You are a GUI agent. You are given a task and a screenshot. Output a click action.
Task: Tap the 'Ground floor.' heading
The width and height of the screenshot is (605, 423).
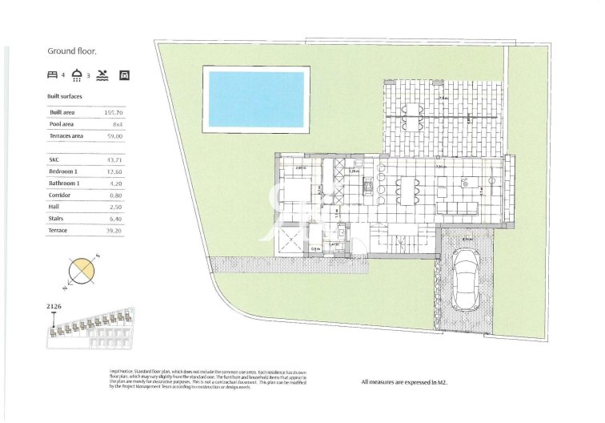72,50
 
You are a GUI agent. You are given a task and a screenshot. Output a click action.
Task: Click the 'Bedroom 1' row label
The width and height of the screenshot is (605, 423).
63,171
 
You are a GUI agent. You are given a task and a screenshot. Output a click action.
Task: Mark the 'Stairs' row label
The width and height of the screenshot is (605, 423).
58,218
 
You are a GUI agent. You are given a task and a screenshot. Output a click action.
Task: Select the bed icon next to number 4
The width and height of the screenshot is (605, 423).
53,75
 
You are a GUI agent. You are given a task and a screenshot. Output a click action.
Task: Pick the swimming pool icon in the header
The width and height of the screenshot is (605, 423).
102,75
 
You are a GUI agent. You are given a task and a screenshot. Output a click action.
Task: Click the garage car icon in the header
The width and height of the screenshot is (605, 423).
124,75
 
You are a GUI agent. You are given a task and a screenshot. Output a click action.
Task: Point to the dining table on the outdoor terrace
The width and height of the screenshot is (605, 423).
412,110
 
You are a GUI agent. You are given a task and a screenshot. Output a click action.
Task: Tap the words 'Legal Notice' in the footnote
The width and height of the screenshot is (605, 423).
122,373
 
